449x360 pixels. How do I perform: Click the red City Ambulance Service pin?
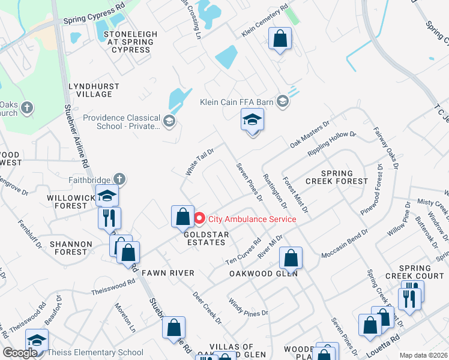(199, 219)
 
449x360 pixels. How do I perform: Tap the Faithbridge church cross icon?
(119, 178)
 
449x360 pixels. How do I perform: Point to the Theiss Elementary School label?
(96, 352)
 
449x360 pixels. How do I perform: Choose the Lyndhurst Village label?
(90, 91)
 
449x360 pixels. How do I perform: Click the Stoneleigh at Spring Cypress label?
(127, 41)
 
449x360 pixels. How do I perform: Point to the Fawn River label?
(168, 273)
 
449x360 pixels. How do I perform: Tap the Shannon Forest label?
(71, 248)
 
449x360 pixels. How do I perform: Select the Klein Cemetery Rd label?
(262, 25)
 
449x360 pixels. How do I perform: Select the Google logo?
(20, 353)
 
